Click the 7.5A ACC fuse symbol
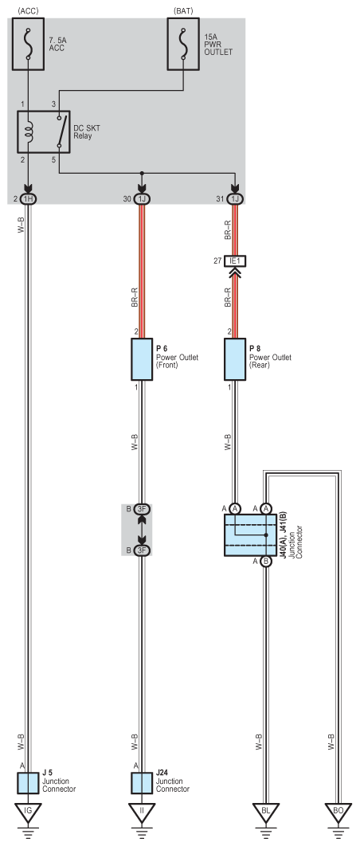point(28,44)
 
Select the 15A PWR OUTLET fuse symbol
point(183,44)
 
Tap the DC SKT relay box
point(44,131)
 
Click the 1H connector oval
point(28,199)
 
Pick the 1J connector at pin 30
point(142,199)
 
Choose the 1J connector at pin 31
point(235,199)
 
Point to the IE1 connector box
point(235,261)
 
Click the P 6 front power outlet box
point(142,359)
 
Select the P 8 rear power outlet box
point(235,359)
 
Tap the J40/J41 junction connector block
point(250,535)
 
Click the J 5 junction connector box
point(28,783)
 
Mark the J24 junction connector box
point(142,783)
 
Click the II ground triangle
point(142,812)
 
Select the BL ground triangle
point(265,812)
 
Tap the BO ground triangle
point(338,812)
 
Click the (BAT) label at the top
point(183,10)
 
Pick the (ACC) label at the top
point(28,10)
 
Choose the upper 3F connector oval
point(142,508)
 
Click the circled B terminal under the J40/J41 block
point(265,562)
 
